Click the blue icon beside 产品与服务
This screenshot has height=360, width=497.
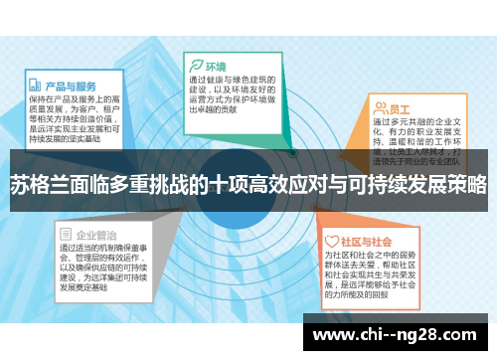(x=35, y=86)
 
